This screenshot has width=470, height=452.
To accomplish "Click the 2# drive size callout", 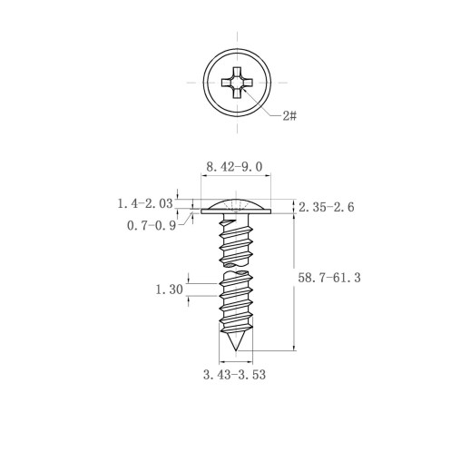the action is point(289,115).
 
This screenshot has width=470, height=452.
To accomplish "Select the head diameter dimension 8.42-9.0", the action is point(234,167).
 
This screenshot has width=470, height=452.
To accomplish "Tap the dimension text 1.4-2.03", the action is point(145,203).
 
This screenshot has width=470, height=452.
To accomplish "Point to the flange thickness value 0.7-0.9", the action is point(152,225).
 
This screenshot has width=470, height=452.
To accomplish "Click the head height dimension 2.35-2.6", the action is point(327,207).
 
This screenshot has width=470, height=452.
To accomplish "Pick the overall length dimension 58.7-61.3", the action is point(329,278).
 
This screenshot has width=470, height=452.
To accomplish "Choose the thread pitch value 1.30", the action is point(170,290).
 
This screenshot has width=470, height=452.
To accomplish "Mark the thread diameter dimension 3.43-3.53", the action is point(234,375).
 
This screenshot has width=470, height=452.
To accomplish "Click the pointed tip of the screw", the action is point(236,350).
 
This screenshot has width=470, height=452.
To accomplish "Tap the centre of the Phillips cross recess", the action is point(237,83).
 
